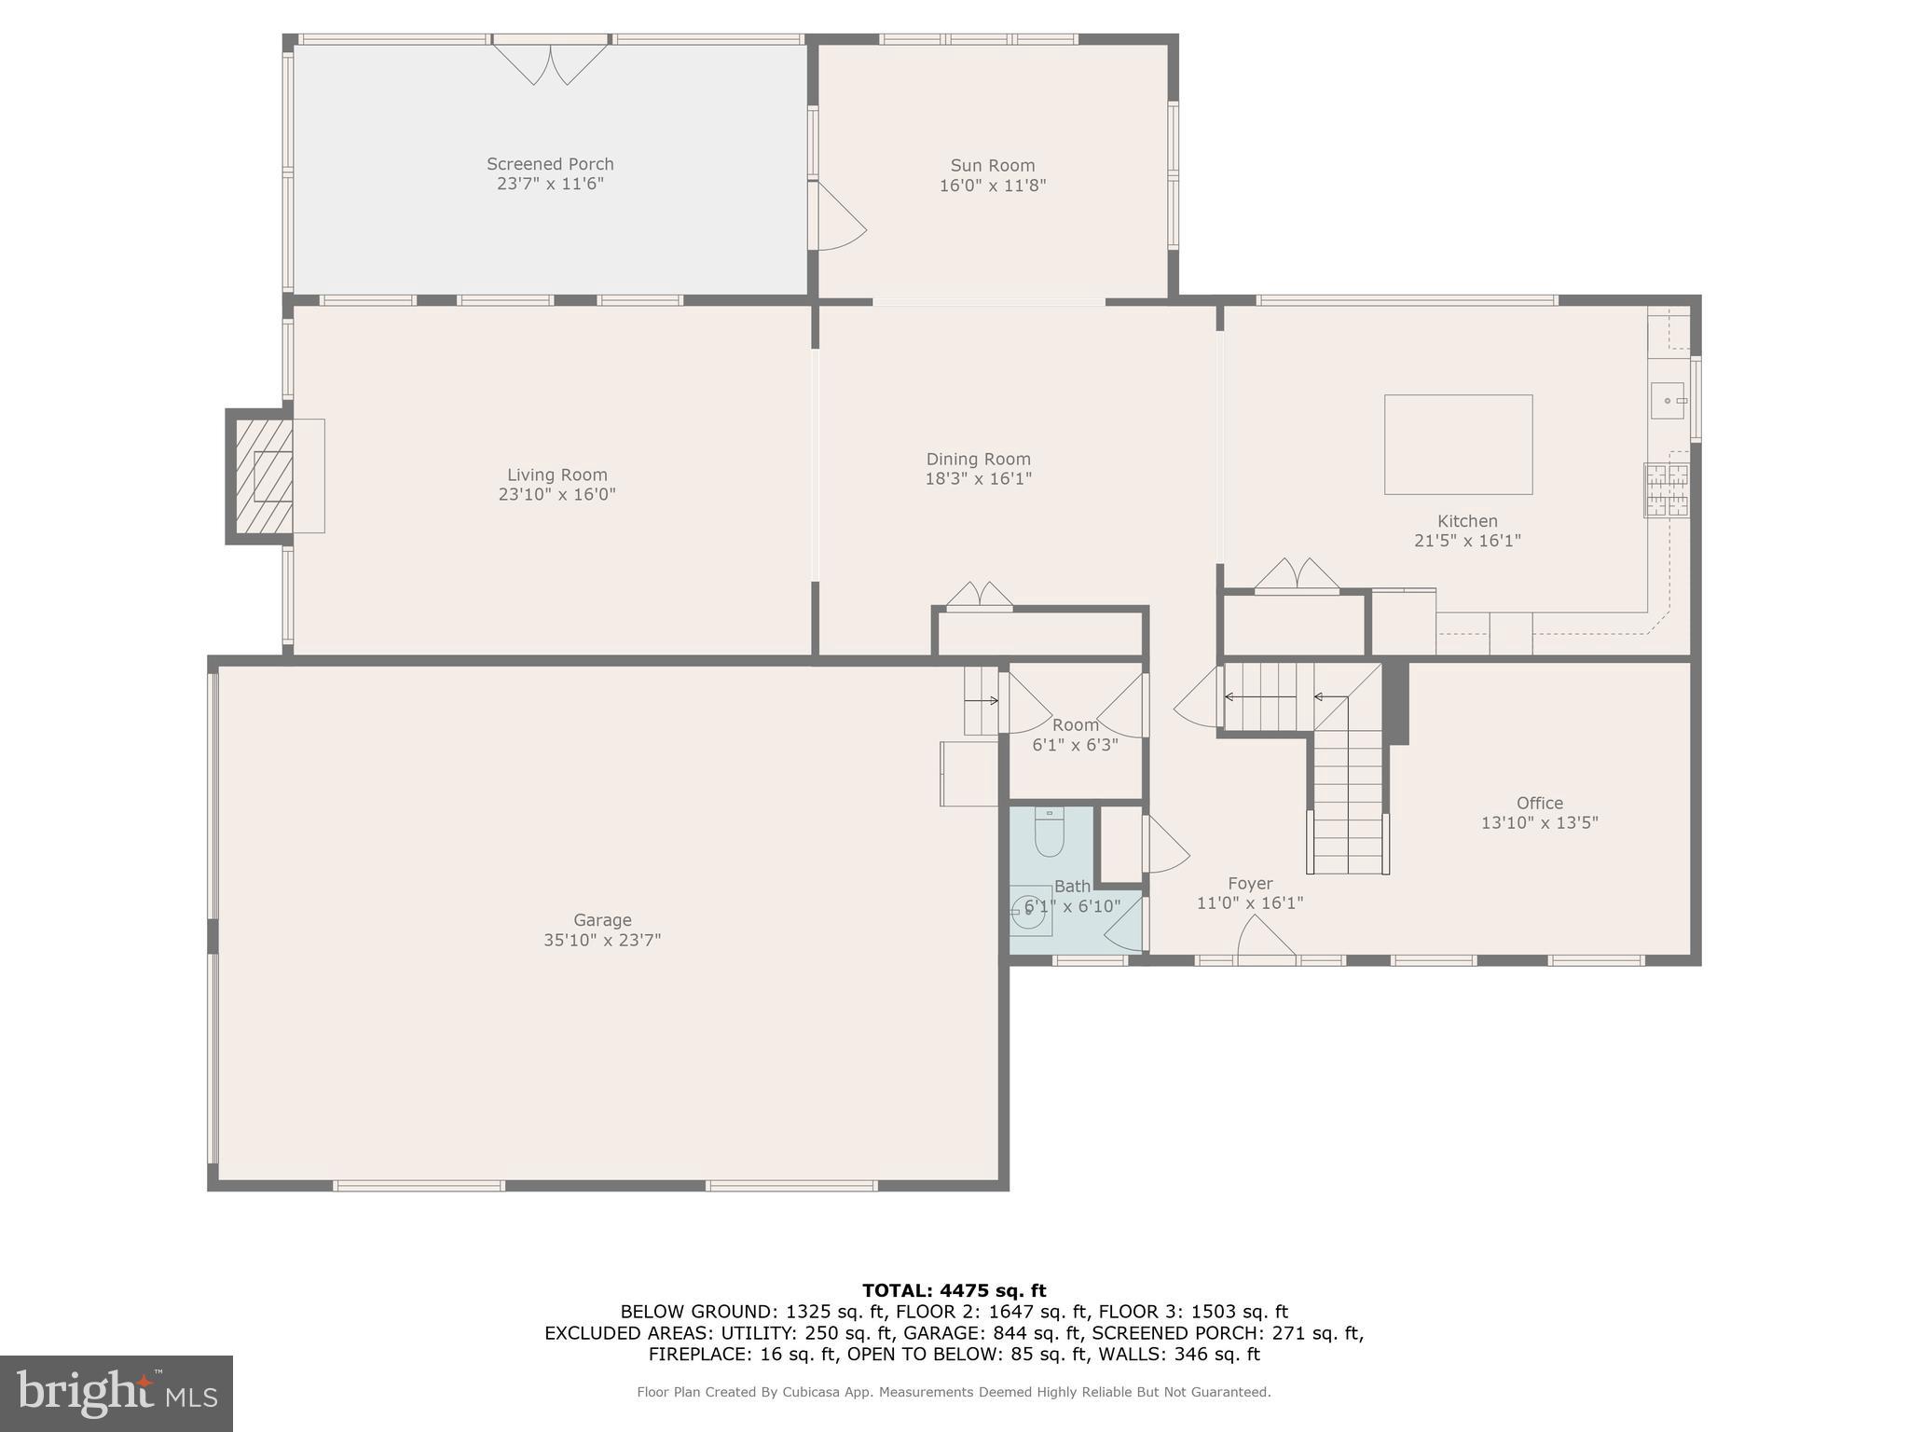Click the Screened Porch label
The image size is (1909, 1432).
click(x=550, y=164)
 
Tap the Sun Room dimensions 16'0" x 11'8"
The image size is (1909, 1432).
click(x=992, y=186)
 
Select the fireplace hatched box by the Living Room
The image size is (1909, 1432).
click(x=263, y=475)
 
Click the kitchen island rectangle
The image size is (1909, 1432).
click(x=1458, y=445)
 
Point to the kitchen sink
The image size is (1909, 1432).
click(x=1668, y=401)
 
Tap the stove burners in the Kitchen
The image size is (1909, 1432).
click(x=1666, y=490)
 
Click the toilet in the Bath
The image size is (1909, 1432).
click(x=1050, y=832)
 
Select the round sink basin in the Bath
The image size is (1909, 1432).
click(x=1029, y=912)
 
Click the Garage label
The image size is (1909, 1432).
click(x=602, y=920)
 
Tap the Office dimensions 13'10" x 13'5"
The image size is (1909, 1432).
click(x=1539, y=823)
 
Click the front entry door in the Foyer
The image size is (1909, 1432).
click(x=1265, y=938)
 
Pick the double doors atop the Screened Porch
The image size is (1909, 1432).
click(x=550, y=63)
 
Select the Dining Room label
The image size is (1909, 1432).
click(x=978, y=459)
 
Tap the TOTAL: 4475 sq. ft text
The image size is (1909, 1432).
click(x=954, y=1291)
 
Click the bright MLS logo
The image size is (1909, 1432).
click(x=116, y=1394)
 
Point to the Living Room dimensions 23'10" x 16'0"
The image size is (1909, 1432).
click(x=556, y=495)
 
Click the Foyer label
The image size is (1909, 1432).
click(x=1249, y=884)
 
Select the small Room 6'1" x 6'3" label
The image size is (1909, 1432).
click(x=1075, y=725)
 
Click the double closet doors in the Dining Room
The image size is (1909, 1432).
click(x=979, y=596)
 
